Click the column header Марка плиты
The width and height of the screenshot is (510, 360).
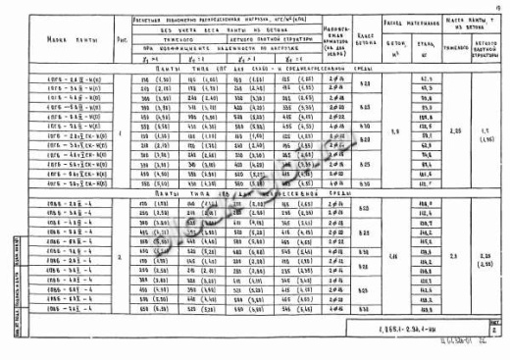tap(66, 40)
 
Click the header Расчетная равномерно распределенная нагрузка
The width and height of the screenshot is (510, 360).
tap(221, 17)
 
